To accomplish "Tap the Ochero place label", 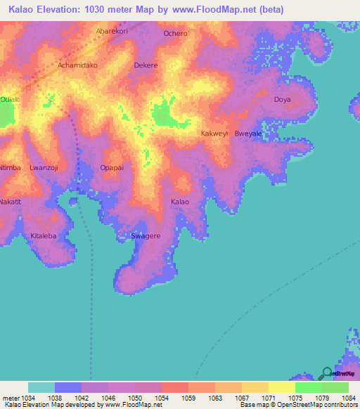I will (175, 34).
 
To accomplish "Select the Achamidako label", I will (78, 65).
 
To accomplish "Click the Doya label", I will (282, 100).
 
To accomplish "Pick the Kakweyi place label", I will (215, 133).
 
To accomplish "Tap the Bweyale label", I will (248, 133).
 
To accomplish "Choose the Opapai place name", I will (112, 168).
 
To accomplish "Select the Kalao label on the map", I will (180, 202).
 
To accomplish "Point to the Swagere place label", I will (146, 236).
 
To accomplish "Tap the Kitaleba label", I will (44, 236).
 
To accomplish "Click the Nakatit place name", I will (11, 202).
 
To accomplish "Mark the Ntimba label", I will (11, 168).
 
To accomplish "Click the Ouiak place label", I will (8, 99).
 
